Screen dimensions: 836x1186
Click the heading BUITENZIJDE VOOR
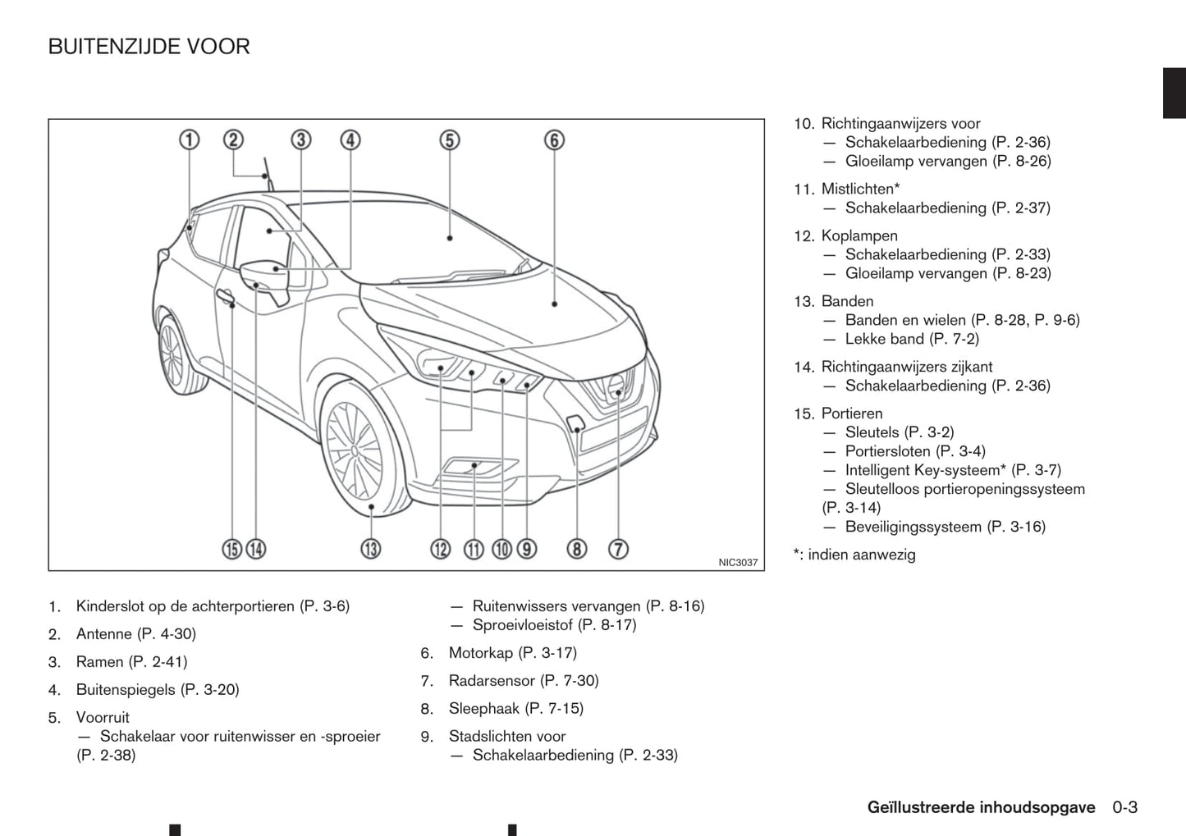(x=149, y=47)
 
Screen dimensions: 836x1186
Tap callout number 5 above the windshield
(x=449, y=140)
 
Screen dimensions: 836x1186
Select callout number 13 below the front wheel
(x=371, y=548)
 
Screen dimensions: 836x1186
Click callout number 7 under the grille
(x=618, y=548)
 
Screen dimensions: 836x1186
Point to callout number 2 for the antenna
(x=234, y=140)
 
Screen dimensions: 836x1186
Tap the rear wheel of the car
(x=173, y=356)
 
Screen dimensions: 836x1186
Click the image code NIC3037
(x=738, y=563)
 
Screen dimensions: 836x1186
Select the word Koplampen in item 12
(x=859, y=236)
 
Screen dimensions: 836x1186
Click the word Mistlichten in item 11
(x=858, y=190)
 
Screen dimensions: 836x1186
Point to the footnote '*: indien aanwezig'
(x=854, y=555)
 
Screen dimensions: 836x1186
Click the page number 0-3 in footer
(x=1124, y=807)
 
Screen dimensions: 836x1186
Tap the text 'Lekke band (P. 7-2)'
(x=912, y=339)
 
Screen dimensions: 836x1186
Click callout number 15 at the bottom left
(x=232, y=548)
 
